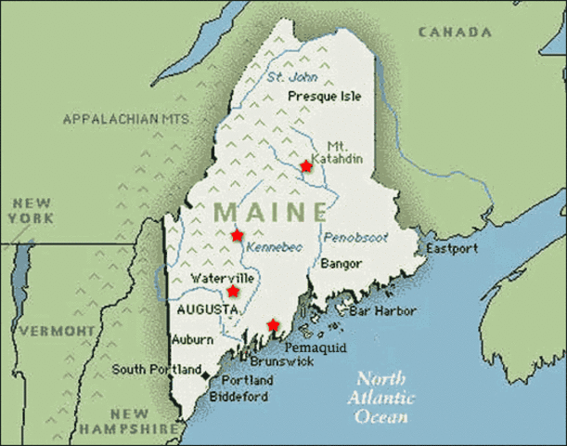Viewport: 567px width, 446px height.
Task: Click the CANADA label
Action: [x=454, y=33]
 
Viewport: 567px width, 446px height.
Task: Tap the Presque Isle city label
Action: [x=325, y=96]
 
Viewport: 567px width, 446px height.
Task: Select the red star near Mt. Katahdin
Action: [x=306, y=165]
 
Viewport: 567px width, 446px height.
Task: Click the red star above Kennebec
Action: [x=237, y=235]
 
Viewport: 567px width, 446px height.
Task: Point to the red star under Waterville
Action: [x=232, y=291]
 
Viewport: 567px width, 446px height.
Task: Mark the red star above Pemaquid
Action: [x=272, y=324]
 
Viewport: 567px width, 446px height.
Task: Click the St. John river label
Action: [x=286, y=77]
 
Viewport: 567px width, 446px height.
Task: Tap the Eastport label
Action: [x=452, y=249]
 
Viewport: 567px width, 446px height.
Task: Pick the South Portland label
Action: [x=156, y=370]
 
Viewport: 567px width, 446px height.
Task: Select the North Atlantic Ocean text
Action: [x=380, y=398]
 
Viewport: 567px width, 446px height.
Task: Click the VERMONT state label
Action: [x=57, y=331]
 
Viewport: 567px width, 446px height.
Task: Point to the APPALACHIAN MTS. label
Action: [x=126, y=120]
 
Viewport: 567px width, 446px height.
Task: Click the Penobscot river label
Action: [x=355, y=238]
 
